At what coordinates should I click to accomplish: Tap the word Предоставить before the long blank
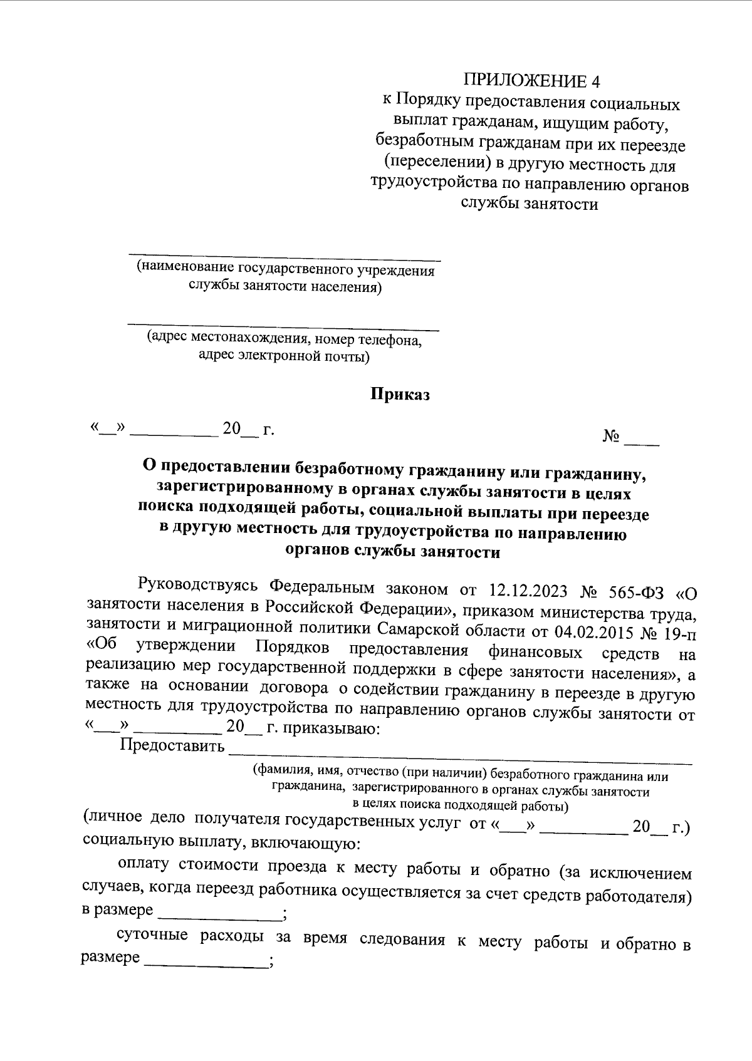point(172,746)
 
